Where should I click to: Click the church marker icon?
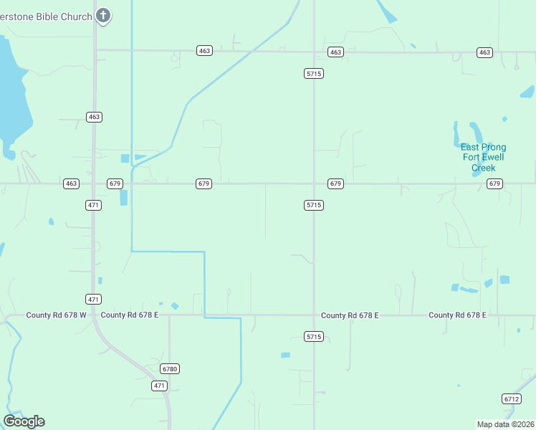click(103, 15)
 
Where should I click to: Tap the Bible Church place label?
click(46, 16)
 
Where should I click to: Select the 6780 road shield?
click(169, 369)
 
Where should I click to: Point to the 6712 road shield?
click(511, 399)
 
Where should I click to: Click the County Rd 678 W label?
click(56, 315)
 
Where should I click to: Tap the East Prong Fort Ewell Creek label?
click(483, 158)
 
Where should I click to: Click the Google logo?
click(24, 421)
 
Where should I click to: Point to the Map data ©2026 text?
click(505, 424)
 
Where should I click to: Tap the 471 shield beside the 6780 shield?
click(160, 386)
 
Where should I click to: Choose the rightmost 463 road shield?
click(484, 52)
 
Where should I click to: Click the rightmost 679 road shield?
click(494, 184)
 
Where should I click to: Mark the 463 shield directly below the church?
click(94, 117)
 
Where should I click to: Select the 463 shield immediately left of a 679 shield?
click(71, 184)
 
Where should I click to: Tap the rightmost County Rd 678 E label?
click(457, 315)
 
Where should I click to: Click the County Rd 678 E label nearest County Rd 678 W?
click(130, 315)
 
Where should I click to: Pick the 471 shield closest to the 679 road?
click(94, 206)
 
